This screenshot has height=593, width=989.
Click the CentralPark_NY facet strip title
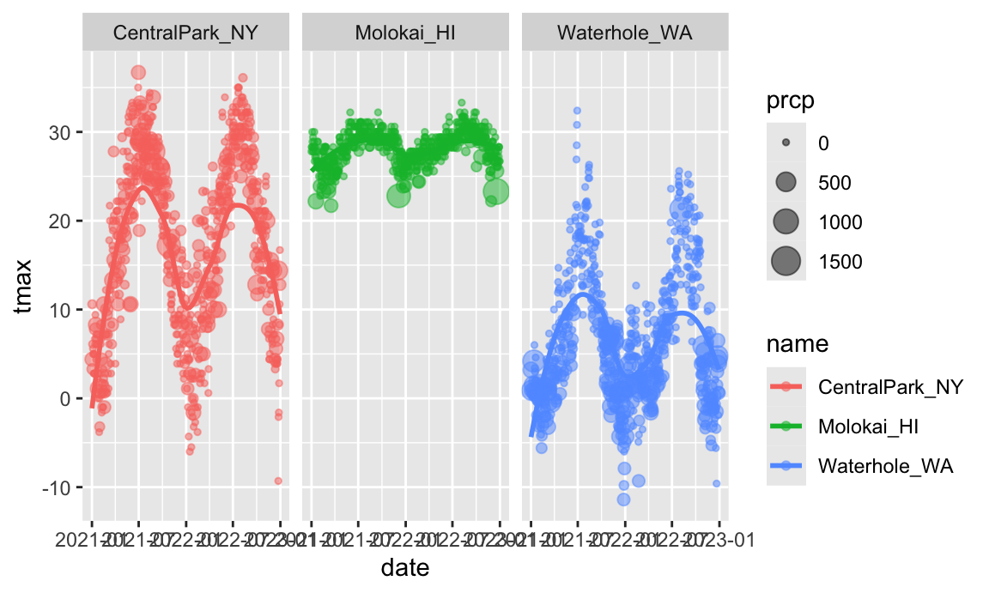186,33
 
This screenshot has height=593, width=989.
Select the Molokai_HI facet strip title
405,33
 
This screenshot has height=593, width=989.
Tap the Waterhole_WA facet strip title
624,33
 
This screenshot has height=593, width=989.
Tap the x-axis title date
405,567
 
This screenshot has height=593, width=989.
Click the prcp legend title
790,101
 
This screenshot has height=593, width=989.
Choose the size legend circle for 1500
786,261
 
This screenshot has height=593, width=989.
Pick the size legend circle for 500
786,182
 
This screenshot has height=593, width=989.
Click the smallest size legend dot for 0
786,142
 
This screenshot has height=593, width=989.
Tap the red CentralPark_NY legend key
786,386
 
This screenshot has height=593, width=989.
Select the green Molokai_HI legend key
786,426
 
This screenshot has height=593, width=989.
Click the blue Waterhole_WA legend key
786,466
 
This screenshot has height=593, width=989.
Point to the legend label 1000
840,221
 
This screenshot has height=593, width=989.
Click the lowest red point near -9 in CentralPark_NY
278,481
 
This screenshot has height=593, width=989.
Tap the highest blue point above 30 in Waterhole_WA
577,111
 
